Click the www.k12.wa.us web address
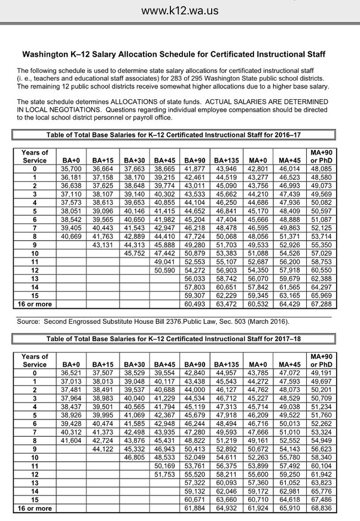(x=180, y=10)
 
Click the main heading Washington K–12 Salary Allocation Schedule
(x=173, y=54)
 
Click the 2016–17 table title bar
(x=173, y=136)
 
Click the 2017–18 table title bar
(x=173, y=339)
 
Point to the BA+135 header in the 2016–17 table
(x=227, y=161)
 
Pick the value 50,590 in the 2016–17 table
(x=164, y=269)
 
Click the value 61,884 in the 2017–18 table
(x=195, y=508)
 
